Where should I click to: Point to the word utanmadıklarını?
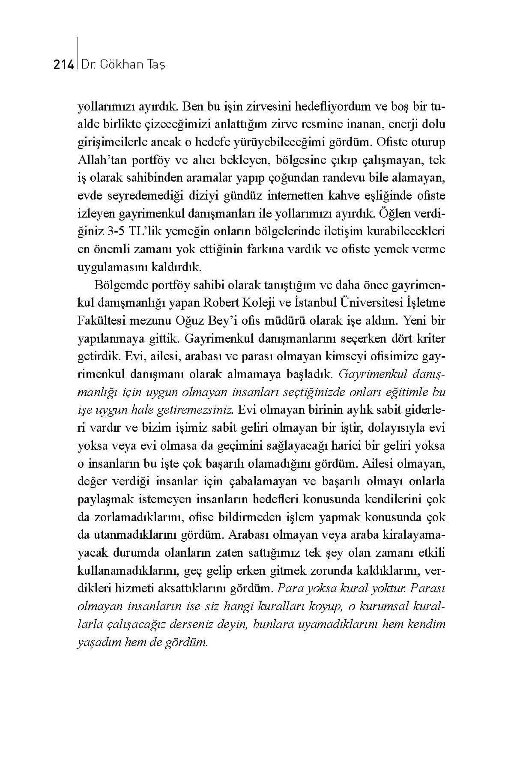[129, 535]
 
